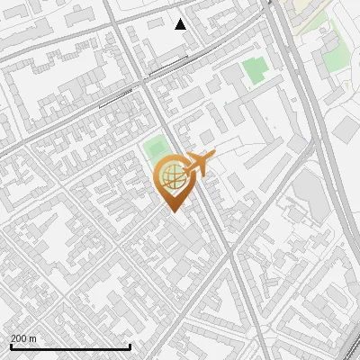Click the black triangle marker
click(x=181, y=24)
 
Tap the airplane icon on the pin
click(x=197, y=164)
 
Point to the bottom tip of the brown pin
click(x=171, y=211)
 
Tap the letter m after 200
click(x=33, y=338)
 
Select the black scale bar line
click(x=70, y=346)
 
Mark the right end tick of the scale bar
click(x=130, y=346)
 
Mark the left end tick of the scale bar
click(x=11, y=346)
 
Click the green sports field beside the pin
click(x=155, y=147)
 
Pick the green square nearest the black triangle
click(x=255, y=70)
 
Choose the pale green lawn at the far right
click(x=335, y=58)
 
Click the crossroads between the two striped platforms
click(x=143, y=82)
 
